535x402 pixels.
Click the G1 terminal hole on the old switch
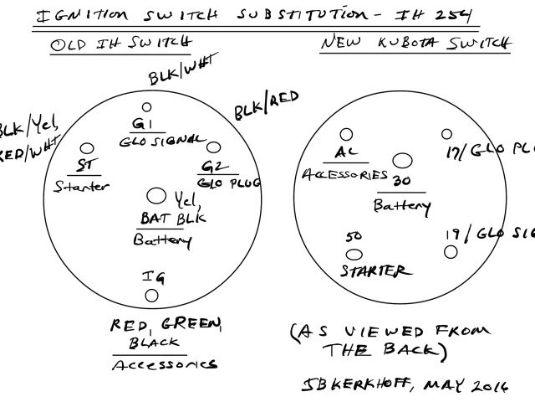(146, 107)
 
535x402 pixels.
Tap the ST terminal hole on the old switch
(86, 147)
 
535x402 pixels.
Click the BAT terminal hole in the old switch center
(155, 196)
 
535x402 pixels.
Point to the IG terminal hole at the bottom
(151, 296)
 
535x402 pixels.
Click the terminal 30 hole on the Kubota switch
(402, 160)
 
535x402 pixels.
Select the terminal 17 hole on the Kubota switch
(446, 134)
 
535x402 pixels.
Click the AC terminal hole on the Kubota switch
(344, 133)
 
